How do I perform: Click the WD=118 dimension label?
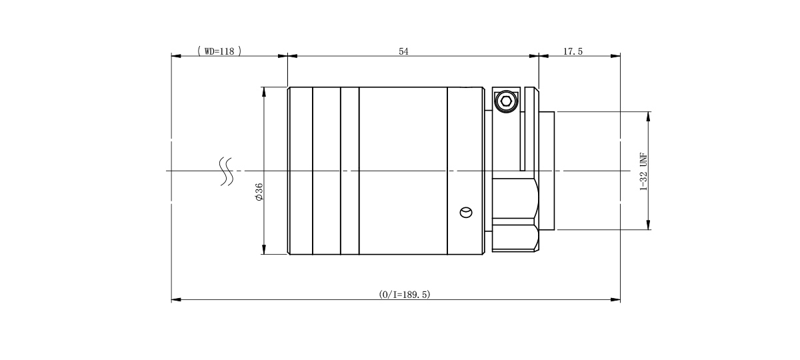(219, 51)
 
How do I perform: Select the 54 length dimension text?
(403, 51)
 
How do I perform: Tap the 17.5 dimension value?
(573, 51)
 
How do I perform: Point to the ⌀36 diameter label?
(259, 192)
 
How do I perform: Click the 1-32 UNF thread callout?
(643, 171)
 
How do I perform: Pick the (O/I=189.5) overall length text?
(405, 295)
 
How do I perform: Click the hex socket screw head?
(506, 101)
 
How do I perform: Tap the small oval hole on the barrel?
(466, 213)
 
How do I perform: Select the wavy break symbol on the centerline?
(227, 171)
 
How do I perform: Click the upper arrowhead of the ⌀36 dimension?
(264, 92)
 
